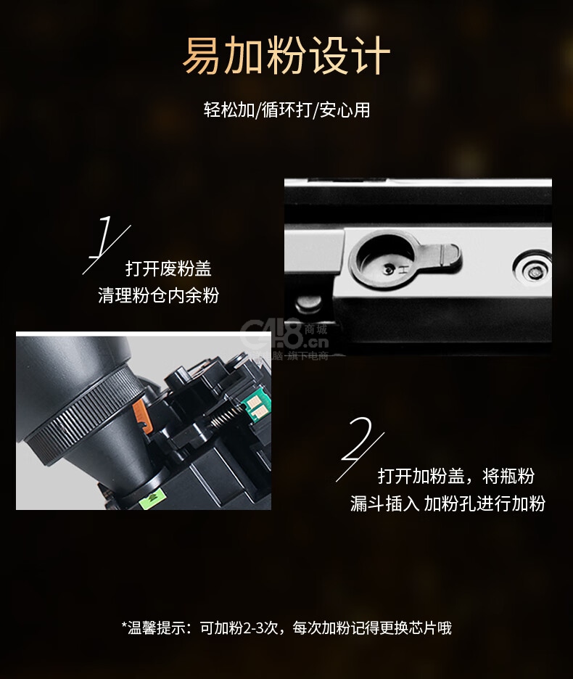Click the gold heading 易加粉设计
coord(286,56)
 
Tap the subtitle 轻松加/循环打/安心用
coord(286,110)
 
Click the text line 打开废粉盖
coord(168,268)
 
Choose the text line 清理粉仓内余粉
coord(158,295)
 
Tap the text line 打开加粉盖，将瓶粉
coord(456,476)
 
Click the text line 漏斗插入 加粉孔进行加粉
coord(448,503)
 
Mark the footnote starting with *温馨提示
coord(286,627)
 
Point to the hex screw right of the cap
coord(532,272)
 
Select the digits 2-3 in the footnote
coord(252,627)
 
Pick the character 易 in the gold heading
coord(202,56)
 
